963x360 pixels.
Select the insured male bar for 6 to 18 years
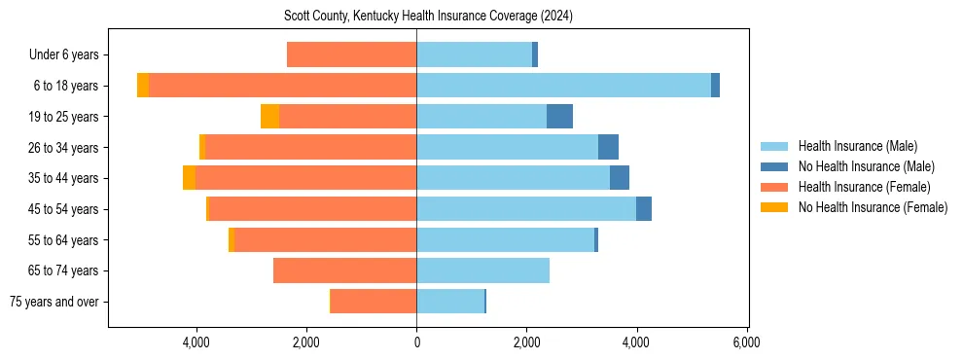[x=563, y=86]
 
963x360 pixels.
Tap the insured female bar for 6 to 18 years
[x=282, y=86]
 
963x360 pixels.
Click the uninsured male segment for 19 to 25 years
[x=559, y=117]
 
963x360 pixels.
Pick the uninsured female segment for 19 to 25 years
[x=269, y=117]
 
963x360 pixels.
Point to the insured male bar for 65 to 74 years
[x=482, y=270]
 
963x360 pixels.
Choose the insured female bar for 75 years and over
[x=374, y=302]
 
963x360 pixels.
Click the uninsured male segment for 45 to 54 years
[x=644, y=209]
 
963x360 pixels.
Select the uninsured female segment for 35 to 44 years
[x=189, y=178]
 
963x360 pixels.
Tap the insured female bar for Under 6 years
[x=352, y=54]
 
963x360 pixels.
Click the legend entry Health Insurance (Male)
[x=857, y=146]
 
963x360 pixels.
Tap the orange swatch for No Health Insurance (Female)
[x=775, y=207]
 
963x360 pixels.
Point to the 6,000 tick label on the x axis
[x=746, y=342]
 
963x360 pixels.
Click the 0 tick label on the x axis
[x=416, y=342]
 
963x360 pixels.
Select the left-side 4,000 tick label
[x=196, y=342]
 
